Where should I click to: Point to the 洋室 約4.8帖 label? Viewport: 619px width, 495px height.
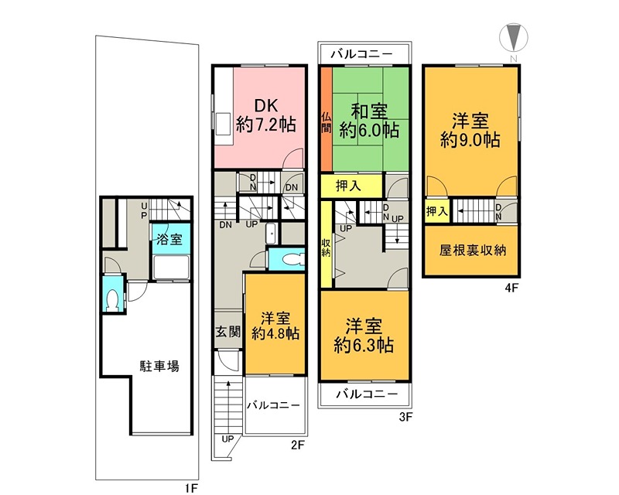coord(275,326)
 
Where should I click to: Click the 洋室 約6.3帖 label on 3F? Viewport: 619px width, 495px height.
coord(364,335)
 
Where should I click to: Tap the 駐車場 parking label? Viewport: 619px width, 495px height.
coord(159,366)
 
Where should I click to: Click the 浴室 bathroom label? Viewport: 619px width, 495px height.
coord(169,239)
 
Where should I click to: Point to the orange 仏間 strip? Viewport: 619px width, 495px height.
coord(327,120)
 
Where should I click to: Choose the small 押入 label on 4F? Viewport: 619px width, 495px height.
coord(436,210)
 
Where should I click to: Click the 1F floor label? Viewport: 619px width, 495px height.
coord(193,489)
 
